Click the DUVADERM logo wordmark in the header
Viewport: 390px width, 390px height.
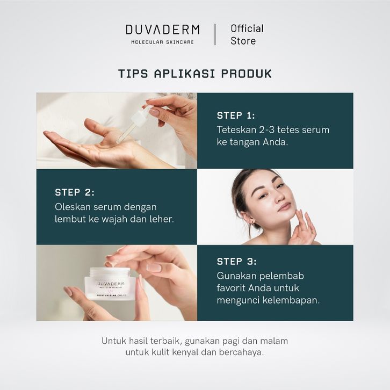[163, 30]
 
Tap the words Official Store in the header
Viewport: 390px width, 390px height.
[247, 34]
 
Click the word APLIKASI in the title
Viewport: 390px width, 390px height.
[184, 74]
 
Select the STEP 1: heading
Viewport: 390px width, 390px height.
[236, 115]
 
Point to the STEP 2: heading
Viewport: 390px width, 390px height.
[75, 192]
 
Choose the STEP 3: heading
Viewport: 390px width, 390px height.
[236, 262]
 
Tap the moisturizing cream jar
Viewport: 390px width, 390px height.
[110, 284]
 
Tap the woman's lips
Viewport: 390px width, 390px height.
[285, 206]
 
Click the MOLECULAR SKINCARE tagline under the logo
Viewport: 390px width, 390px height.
[162, 42]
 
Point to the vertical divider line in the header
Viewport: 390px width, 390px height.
[215, 34]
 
